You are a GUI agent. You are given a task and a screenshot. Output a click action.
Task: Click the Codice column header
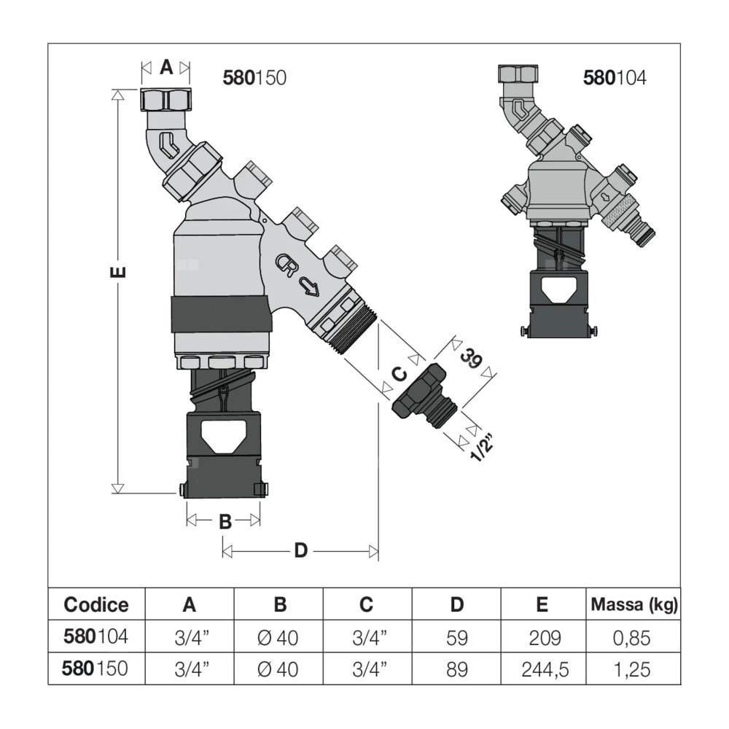96,604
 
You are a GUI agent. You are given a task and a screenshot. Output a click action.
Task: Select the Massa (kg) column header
634,604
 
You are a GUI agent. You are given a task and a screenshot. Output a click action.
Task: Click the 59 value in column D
457,638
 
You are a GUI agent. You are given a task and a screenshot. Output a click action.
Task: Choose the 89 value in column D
457,668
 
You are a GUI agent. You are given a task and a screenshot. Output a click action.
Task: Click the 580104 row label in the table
96,637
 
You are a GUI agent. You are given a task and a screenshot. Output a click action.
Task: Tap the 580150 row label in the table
96,668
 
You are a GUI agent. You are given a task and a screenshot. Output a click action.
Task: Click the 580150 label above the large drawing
254,77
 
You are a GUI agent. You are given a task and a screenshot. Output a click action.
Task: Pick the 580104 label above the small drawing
615,77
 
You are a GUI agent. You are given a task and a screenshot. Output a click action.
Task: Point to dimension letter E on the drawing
120,273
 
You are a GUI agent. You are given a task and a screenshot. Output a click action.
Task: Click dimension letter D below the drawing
300,551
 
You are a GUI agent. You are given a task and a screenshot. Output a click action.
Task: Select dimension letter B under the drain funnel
225,521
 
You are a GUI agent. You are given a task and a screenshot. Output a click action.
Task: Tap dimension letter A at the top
166,68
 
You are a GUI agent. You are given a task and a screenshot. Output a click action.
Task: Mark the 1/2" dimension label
481,445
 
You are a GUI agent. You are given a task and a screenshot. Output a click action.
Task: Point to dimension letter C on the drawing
399,374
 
